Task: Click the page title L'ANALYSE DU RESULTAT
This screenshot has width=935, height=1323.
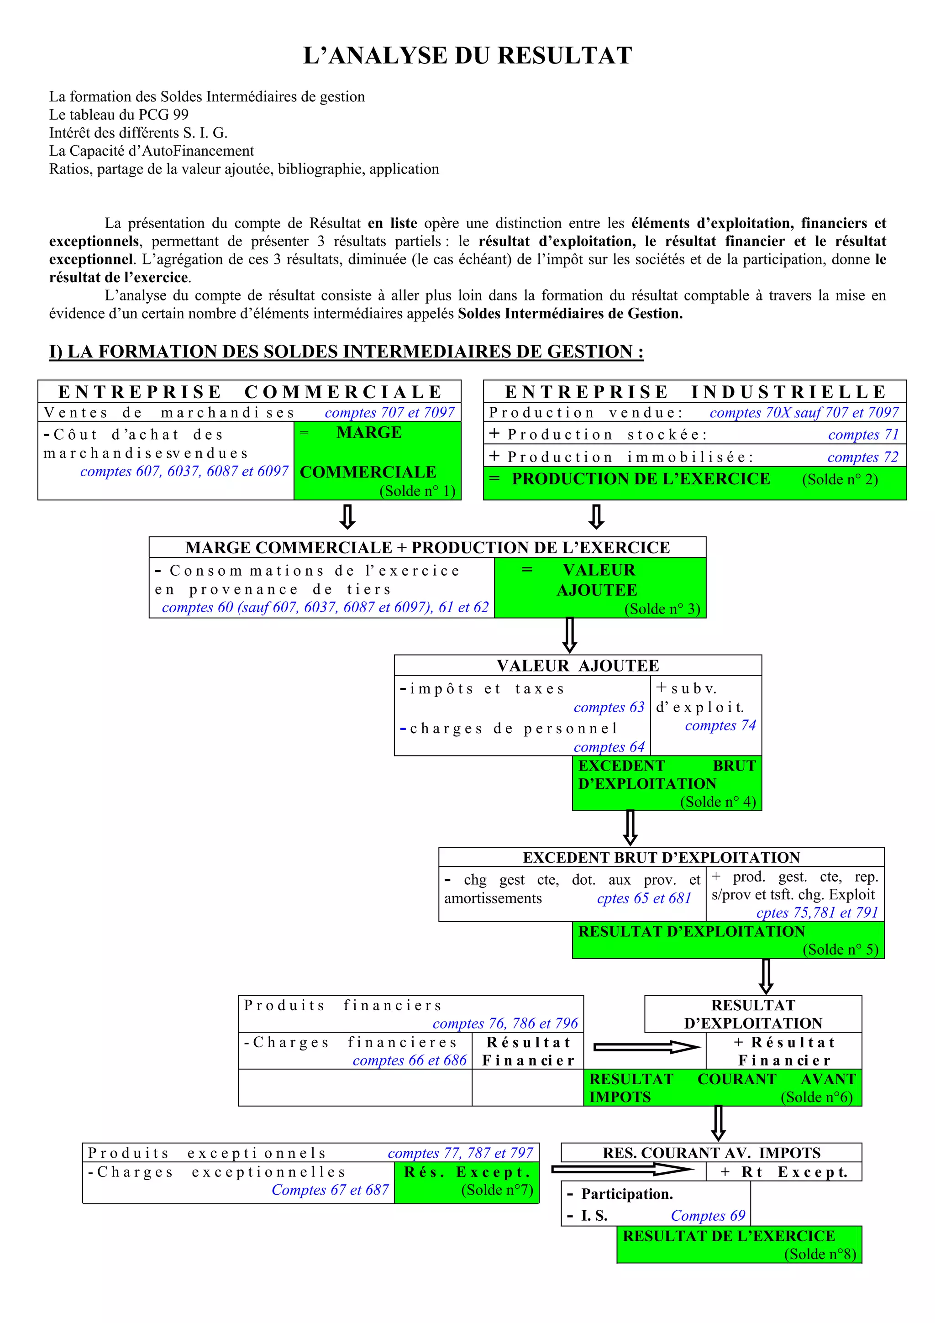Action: click(467, 56)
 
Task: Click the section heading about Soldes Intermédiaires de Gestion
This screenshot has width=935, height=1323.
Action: click(346, 352)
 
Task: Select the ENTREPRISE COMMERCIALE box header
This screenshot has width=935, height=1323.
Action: click(249, 392)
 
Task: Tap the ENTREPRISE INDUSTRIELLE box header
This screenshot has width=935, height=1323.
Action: click(695, 392)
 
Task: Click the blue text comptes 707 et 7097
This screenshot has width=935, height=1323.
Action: click(389, 413)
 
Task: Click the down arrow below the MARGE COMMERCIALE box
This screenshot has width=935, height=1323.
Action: click(347, 517)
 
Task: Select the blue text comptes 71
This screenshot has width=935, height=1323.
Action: click(863, 435)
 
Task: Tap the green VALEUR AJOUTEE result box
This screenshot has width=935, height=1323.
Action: click(600, 588)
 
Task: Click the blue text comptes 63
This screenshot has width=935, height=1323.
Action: click(609, 707)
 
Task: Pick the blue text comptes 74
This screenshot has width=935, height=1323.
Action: click(720, 725)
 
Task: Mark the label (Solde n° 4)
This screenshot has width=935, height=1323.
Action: click(718, 802)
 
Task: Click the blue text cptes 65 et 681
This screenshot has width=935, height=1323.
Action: click(643, 898)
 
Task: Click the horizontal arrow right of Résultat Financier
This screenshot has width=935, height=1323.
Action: click(646, 1047)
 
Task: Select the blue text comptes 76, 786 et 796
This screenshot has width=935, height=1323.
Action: click(504, 1024)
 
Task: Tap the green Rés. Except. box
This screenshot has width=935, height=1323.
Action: click(467, 1182)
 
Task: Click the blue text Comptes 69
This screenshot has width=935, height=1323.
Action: click(708, 1216)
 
